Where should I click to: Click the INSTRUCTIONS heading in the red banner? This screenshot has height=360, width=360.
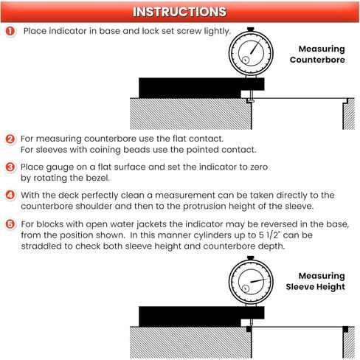179,12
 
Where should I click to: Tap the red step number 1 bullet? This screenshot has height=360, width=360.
10,31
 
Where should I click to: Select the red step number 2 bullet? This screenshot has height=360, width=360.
10,139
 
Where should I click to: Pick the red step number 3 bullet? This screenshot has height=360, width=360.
10,167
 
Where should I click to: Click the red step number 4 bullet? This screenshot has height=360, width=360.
10,195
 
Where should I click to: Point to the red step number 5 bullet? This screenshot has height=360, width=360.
10,224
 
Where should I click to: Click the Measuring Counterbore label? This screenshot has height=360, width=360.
317,54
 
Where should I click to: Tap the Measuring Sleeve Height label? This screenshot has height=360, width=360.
316,281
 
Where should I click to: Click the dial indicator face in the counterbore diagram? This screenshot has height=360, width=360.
251,53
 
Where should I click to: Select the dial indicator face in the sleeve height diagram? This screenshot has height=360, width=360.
251,282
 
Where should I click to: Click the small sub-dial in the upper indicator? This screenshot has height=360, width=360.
246,60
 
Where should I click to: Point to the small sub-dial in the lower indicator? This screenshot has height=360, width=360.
246,288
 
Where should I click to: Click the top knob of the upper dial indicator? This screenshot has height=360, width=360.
251,30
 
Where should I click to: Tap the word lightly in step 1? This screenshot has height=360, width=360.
218,31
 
